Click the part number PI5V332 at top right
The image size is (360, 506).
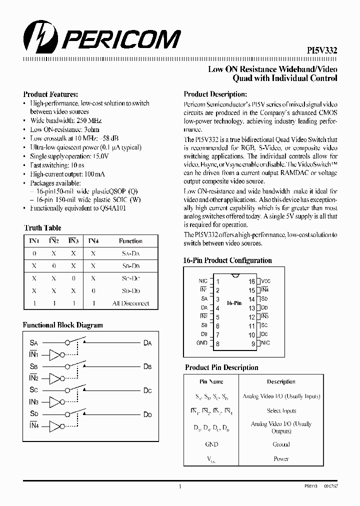click(321, 50)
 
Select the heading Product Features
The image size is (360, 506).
click(50, 94)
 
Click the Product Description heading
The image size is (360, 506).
click(215, 94)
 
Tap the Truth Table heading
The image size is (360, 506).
click(42, 228)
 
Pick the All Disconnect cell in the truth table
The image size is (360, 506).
click(130, 303)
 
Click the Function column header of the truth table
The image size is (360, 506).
click(130, 241)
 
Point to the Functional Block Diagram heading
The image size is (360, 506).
click(63, 325)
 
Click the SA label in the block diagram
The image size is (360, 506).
click(34, 343)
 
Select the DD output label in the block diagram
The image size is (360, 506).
click(147, 414)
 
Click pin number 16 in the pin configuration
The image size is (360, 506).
click(251, 281)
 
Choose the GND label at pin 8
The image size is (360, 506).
click(202, 343)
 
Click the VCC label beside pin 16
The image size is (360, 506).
click(266, 281)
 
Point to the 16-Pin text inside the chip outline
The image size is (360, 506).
click(234, 303)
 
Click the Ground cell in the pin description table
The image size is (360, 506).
click(281, 444)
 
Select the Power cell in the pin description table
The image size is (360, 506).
click(281, 458)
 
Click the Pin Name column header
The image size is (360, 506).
click(211, 381)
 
